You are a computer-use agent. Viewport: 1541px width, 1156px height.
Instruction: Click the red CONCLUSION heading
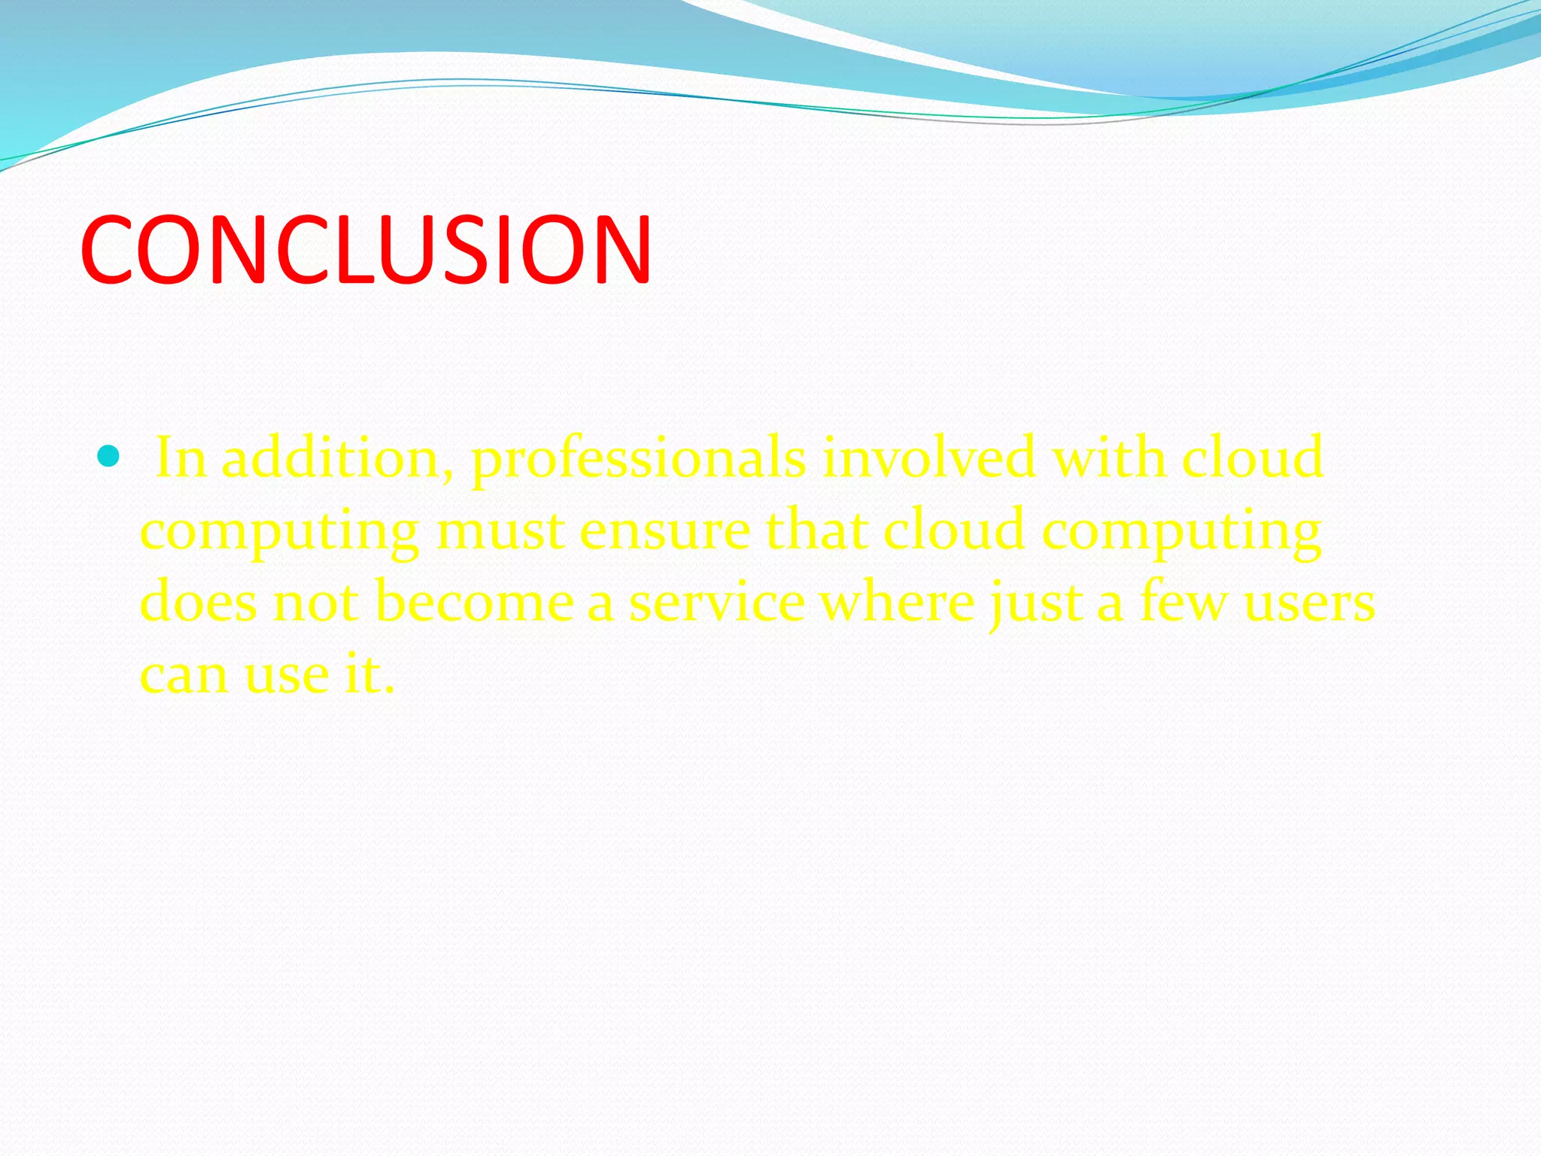tap(366, 250)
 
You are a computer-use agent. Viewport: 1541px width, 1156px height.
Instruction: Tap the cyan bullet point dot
tap(109, 456)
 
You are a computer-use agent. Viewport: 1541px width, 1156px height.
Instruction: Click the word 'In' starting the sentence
tap(180, 458)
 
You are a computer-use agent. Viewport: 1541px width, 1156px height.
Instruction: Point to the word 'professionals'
tap(638, 459)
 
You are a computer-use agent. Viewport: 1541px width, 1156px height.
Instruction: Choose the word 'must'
tap(500, 530)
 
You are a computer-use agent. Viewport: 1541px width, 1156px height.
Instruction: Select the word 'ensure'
tap(664, 531)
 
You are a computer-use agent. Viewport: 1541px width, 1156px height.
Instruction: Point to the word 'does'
tap(198, 602)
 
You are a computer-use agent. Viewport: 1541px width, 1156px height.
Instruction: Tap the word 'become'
tap(474, 602)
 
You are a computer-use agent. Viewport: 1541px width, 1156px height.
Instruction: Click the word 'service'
tap(716, 602)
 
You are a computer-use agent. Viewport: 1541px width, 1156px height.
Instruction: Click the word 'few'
tap(1184, 602)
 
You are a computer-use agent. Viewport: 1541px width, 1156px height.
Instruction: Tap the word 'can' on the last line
tap(184, 674)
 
